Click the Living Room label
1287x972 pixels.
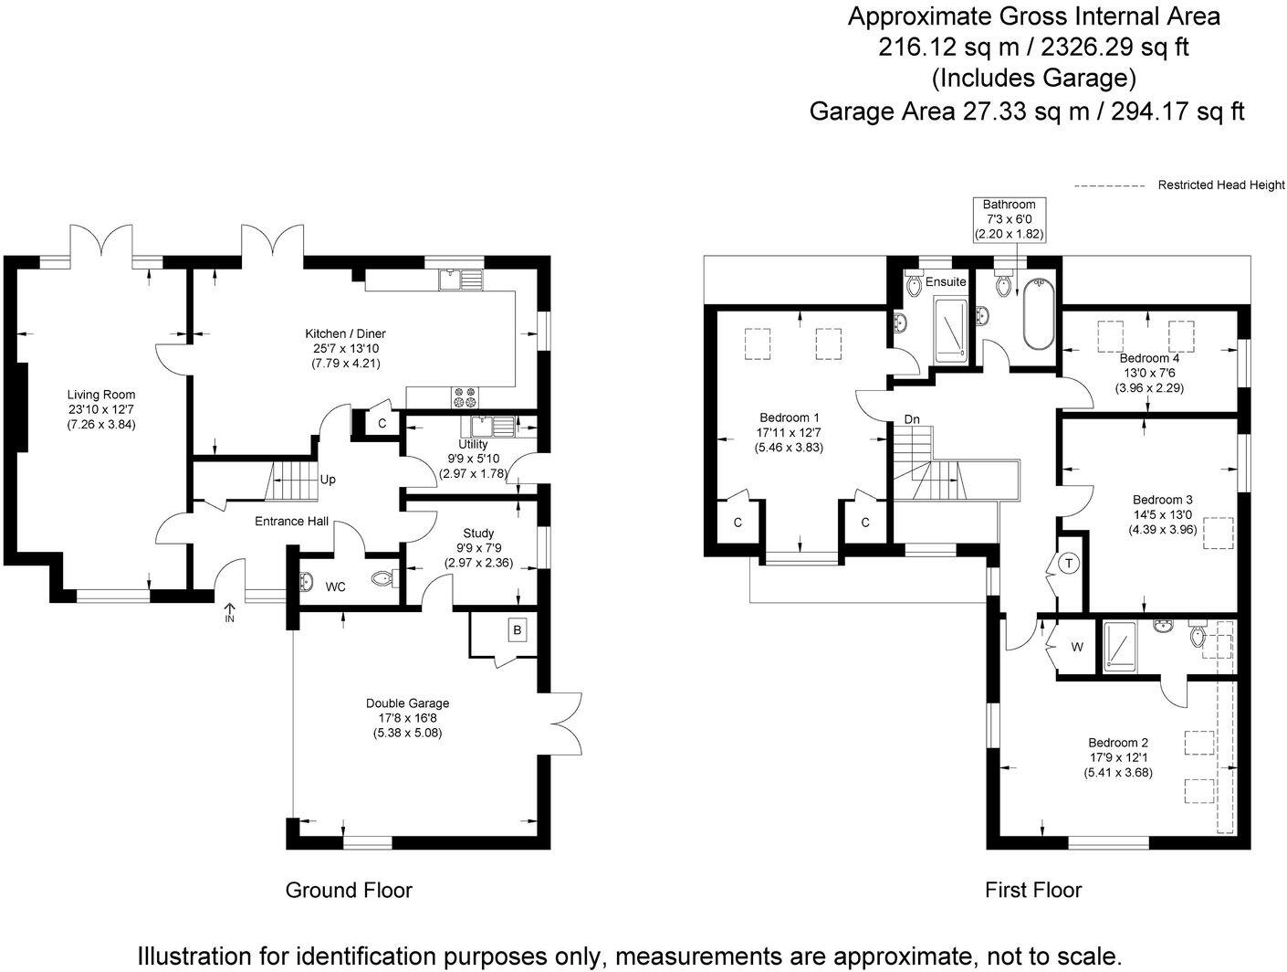(x=101, y=395)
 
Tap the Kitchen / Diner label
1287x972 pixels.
(x=346, y=333)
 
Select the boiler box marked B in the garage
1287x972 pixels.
(x=517, y=630)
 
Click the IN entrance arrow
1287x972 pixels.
(x=228, y=612)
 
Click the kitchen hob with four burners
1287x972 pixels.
(x=465, y=397)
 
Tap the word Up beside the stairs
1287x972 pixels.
(x=327, y=480)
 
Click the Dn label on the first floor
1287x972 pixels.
(x=912, y=419)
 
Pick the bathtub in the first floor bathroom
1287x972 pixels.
(x=1038, y=315)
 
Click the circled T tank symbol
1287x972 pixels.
(x=1069, y=564)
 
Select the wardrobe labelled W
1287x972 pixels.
(x=1077, y=647)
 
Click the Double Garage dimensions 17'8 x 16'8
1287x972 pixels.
(x=407, y=718)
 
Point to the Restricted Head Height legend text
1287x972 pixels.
(x=1220, y=185)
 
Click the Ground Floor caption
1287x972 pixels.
(x=349, y=890)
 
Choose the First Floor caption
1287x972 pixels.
(x=1032, y=890)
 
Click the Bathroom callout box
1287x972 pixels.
(x=1009, y=219)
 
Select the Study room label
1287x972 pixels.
(x=478, y=533)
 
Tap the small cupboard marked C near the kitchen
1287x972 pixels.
(x=382, y=424)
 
